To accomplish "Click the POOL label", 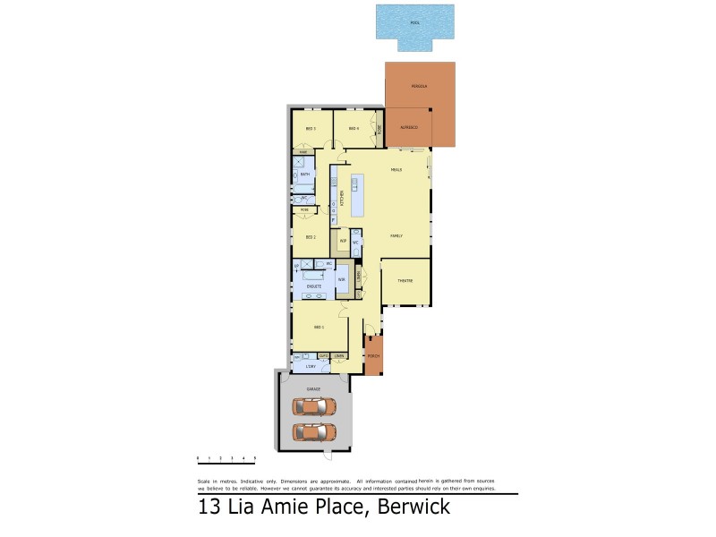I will (x=414, y=22).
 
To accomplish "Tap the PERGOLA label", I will (x=419, y=86).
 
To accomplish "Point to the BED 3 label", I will (x=311, y=129).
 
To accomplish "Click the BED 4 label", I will (x=354, y=129).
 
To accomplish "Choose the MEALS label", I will (x=396, y=169).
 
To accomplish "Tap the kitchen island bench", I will (x=355, y=198).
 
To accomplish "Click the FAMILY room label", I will (x=396, y=235).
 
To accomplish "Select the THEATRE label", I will (x=405, y=280).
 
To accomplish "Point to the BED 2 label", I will (x=311, y=237).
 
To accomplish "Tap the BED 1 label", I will (x=318, y=328).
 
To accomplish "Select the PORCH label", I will (x=373, y=356).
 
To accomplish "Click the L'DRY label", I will (x=311, y=367).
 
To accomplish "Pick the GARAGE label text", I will (x=313, y=389).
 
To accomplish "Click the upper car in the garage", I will (x=314, y=407).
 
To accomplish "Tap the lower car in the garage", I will (x=314, y=432).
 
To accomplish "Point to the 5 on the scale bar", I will (x=255, y=457).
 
